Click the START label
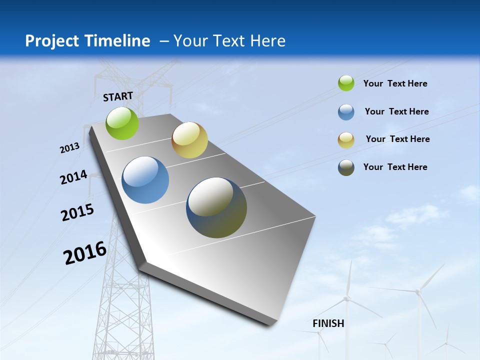pyautogui.click(x=118, y=96)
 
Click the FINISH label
pyautogui.click(x=328, y=323)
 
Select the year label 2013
pyautogui.click(x=69, y=148)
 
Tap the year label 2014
pyautogui.click(x=73, y=177)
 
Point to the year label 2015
pyautogui.click(x=77, y=212)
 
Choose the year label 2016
pyautogui.click(x=85, y=253)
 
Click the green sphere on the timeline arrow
pyautogui.click(x=122, y=123)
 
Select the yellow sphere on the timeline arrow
pyautogui.click(x=189, y=140)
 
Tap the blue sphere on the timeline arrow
pyautogui.click(x=145, y=180)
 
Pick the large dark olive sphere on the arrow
pyautogui.click(x=216, y=207)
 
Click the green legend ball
pyautogui.click(x=346, y=83)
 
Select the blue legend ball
pyautogui.click(x=346, y=112)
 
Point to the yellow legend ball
pyautogui.click(x=346, y=140)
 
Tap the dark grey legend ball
pyautogui.click(x=346, y=167)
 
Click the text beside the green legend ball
pyautogui.click(x=395, y=83)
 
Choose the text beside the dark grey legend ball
pyautogui.click(x=395, y=167)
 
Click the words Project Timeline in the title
pyautogui.click(x=87, y=41)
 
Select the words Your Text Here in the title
pyautogui.click(x=229, y=41)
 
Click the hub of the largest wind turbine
pyautogui.click(x=417, y=290)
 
